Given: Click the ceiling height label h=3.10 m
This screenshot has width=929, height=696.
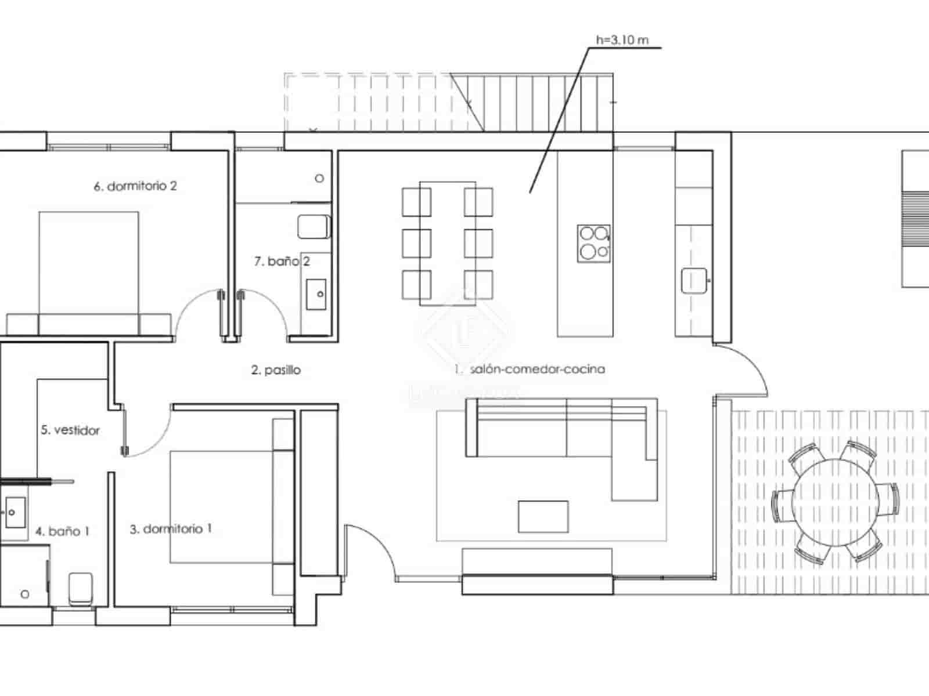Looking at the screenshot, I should click(x=622, y=40).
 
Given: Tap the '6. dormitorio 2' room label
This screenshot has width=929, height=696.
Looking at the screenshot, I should click(x=135, y=186).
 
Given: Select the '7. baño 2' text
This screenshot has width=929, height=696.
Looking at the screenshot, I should click(x=282, y=262).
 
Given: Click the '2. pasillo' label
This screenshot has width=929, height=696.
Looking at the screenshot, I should click(x=276, y=370).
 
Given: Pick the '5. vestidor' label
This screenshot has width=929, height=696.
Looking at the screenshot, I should click(x=70, y=430).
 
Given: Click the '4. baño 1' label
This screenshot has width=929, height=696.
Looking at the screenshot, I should click(x=62, y=531).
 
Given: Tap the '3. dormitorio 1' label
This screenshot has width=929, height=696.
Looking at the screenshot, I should click(x=170, y=529).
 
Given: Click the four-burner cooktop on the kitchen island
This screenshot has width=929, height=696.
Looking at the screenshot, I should click(x=593, y=243).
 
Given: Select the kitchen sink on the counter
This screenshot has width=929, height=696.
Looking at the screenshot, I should click(x=694, y=281).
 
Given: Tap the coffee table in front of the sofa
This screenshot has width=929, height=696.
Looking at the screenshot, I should click(x=543, y=516).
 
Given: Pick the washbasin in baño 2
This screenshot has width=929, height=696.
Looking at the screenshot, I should click(x=316, y=294).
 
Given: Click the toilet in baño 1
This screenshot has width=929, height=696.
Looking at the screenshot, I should click(x=80, y=588).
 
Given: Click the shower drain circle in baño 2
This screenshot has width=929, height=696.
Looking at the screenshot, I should click(x=319, y=178).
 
